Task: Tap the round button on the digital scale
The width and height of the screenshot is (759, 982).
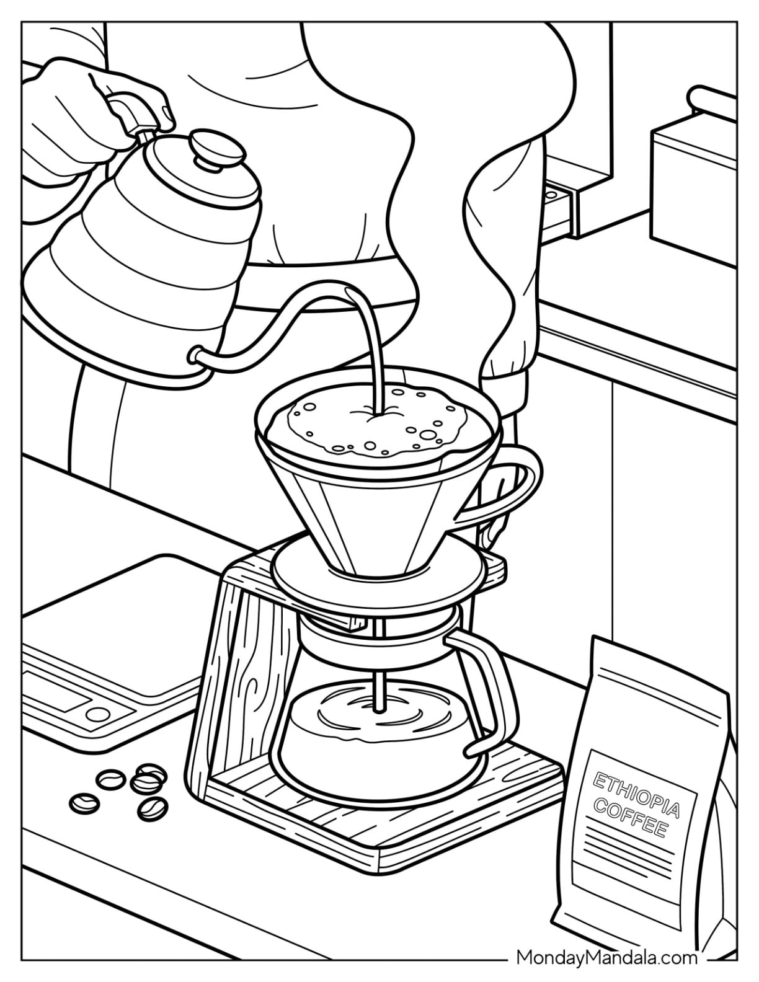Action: [98, 714]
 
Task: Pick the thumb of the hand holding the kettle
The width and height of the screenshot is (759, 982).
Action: [159, 112]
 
